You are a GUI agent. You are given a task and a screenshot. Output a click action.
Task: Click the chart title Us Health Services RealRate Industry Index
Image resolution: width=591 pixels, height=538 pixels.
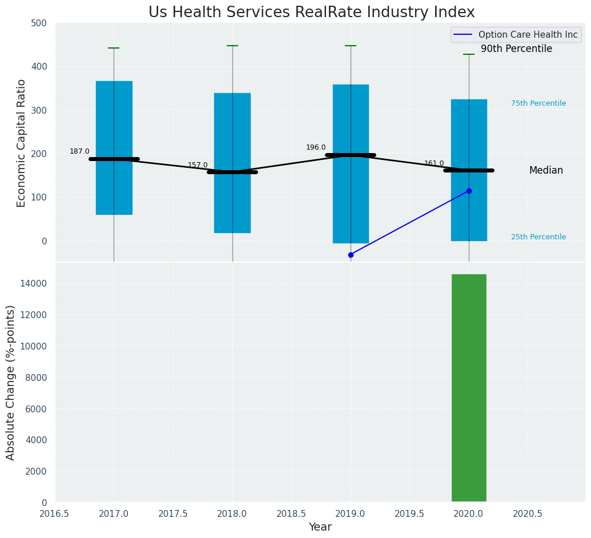311,13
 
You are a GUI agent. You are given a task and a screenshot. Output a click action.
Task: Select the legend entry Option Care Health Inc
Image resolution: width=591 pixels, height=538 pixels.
528,35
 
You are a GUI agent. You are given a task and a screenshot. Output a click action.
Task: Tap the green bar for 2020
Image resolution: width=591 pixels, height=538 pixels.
469,388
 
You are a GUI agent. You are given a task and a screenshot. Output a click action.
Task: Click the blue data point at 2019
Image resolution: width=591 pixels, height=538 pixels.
351,255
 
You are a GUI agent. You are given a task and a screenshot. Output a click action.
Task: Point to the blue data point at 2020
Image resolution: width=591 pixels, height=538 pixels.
469,191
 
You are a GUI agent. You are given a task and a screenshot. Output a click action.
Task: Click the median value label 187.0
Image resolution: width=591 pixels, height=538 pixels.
79,151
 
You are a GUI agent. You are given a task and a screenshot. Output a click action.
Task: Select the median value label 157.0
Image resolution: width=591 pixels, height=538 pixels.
198,165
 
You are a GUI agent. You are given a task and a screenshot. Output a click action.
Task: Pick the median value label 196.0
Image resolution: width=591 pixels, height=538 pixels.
316,147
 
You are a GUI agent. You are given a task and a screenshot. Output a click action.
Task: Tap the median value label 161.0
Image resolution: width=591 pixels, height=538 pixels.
434,163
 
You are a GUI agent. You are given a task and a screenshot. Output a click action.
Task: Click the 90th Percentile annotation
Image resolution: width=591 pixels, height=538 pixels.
516,49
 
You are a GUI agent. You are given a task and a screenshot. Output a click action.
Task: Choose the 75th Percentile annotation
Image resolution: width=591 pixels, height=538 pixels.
538,103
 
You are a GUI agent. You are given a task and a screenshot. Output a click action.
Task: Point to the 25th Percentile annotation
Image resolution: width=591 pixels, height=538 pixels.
538,237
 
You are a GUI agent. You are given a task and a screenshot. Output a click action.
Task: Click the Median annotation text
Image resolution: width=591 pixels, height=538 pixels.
546,170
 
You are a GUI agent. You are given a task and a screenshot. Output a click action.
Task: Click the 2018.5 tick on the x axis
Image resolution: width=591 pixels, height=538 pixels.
291,513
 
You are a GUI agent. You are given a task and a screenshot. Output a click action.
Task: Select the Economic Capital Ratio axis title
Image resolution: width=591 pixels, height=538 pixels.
22,143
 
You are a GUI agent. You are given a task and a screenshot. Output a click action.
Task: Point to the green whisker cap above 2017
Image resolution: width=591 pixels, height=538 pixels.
114,48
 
